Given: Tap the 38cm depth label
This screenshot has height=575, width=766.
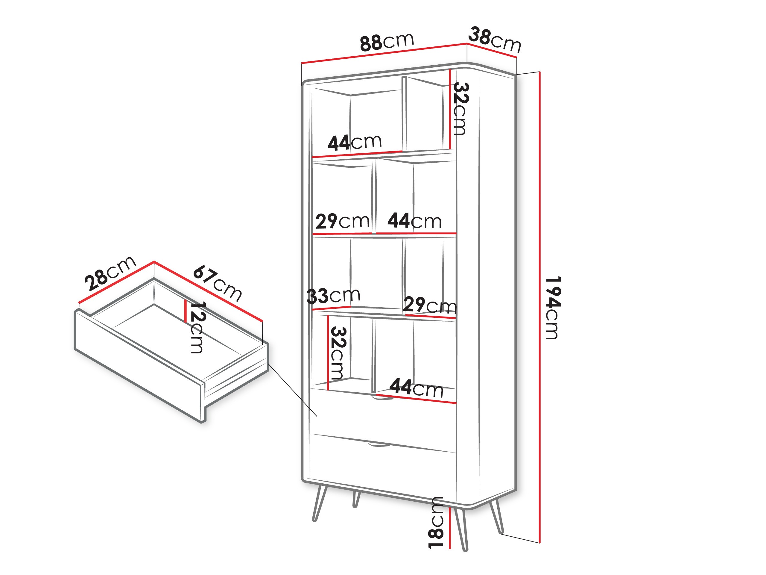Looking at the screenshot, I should point(494,40).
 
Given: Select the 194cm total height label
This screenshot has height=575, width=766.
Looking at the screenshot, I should point(553,308).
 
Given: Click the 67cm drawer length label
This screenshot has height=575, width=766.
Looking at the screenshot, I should point(218,283).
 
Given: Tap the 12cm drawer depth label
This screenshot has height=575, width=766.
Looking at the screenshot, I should point(198,327).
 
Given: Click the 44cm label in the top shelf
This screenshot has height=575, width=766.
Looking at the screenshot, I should point(355,142).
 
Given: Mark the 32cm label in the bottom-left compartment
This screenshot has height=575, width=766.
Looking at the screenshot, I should point(338,353).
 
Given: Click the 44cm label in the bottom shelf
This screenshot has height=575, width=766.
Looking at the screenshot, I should point(416,388).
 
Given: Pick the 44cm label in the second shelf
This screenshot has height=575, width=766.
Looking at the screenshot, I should point(414,220).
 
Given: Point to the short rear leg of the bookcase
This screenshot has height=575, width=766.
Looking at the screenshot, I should point(356,499).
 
